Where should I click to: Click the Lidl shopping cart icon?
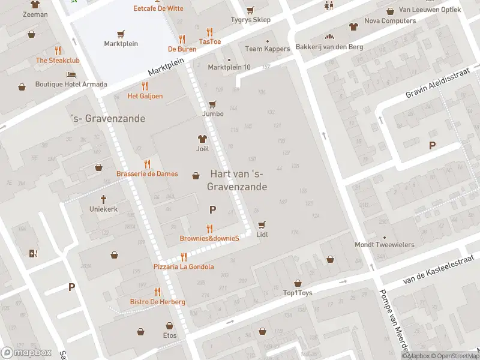coord(261,225)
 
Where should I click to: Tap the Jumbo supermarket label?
coord(212,113)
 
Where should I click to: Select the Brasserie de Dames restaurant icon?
coord(147,164)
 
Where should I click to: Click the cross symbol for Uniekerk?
coord(103,199)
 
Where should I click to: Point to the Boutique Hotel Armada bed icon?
coord(71,74)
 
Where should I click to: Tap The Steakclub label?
coord(58,61)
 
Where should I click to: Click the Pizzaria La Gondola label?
coord(184,267)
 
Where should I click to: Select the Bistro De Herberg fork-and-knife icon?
coord(157,292)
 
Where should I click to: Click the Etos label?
coord(170,335)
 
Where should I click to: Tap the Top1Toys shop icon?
coord(298,283)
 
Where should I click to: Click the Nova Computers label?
coord(390,21)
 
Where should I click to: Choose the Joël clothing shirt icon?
coord(202,139)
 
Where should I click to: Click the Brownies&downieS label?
coord(209,239)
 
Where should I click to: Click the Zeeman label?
coord(35,14)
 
